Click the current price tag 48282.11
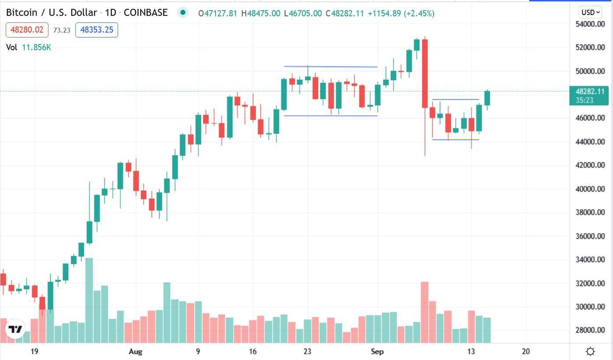point(589,92)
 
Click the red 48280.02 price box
point(27,30)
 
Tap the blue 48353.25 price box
point(97,30)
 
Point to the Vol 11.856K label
point(29,47)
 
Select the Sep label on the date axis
point(377,352)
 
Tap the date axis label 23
point(308,352)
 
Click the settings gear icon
point(591,352)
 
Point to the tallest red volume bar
point(425,312)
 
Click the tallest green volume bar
point(89,300)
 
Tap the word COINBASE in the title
point(145,12)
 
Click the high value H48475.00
point(260,13)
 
